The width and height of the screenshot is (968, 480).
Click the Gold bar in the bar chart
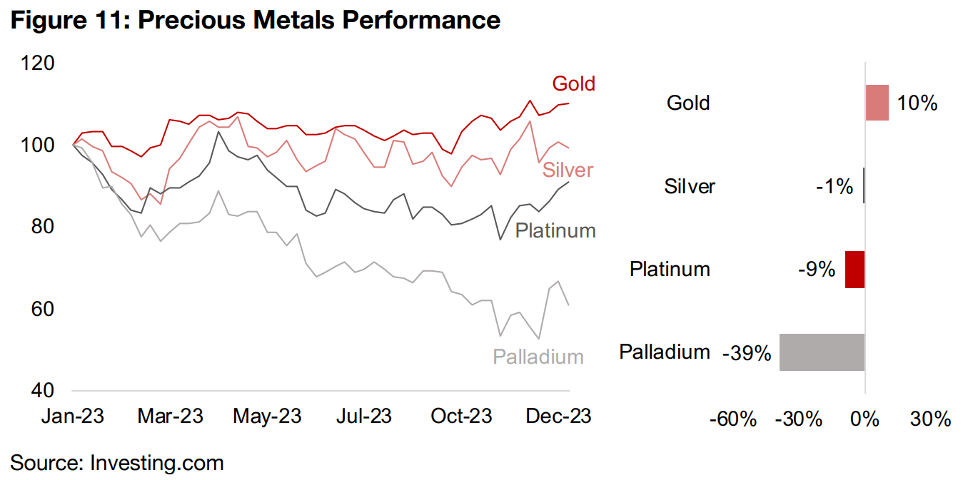pyautogui.click(x=877, y=103)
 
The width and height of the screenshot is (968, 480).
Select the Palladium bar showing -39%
pyautogui.click(x=822, y=352)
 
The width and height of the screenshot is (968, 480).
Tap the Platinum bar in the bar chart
pyautogui.click(x=854, y=270)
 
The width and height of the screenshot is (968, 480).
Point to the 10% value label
pyautogui.click(x=917, y=103)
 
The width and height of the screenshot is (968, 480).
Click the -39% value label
pyautogui.click(x=747, y=353)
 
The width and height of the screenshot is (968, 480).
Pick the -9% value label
pyautogui.click(x=817, y=270)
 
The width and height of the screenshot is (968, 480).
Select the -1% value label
pyautogui.click(x=834, y=187)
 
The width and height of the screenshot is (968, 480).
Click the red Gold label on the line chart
pyautogui.click(x=573, y=84)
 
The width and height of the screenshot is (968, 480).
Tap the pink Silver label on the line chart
pyautogui.click(x=568, y=170)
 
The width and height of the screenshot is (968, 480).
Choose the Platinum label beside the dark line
pyautogui.click(x=555, y=230)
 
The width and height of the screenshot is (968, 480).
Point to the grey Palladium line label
pyautogui.click(x=538, y=357)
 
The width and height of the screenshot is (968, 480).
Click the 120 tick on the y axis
pyautogui.click(x=37, y=63)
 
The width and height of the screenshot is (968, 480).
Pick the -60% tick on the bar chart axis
pyautogui.click(x=732, y=419)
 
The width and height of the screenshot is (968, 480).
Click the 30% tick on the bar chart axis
pyautogui.click(x=931, y=419)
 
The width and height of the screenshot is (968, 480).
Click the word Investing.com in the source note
pyautogui.click(x=157, y=463)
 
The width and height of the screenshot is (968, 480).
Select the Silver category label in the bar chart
pyautogui.click(x=690, y=187)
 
